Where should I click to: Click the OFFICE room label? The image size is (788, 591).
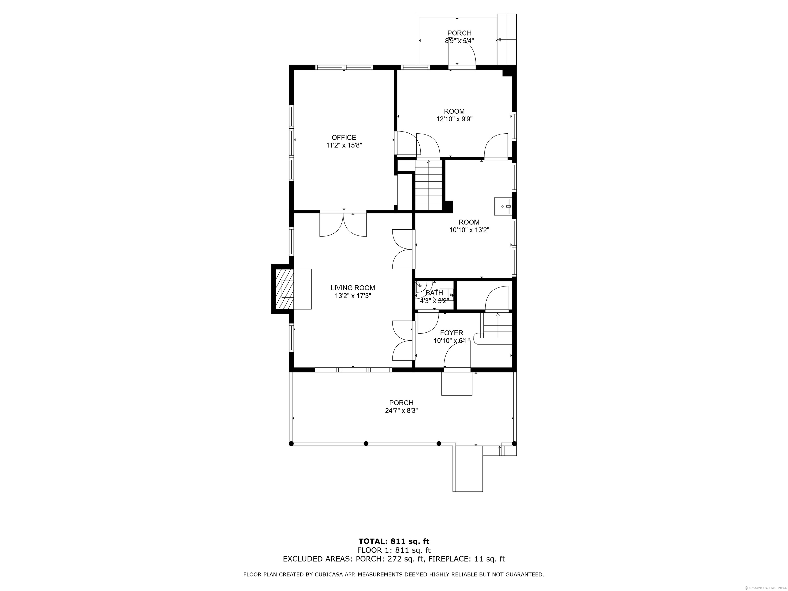(344, 137)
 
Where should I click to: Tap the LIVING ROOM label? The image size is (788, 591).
(353, 288)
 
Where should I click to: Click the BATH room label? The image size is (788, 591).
(434, 293)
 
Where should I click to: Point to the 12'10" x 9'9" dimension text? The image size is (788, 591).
(454, 119)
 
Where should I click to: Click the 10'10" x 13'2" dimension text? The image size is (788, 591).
(469, 230)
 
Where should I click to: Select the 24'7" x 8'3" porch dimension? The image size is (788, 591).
(401, 411)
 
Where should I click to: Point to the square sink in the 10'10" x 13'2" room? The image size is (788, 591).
(502, 206)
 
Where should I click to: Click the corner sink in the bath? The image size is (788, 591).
(421, 285)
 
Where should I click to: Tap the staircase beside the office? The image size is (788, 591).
(429, 185)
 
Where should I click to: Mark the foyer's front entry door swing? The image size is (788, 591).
(457, 354)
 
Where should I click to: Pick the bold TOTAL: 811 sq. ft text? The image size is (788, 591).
(394, 542)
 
